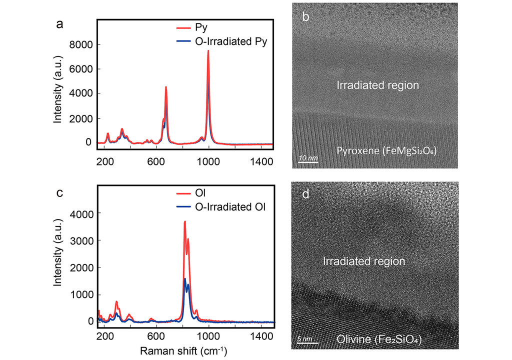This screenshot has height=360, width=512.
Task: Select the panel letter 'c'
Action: click(x=59, y=192)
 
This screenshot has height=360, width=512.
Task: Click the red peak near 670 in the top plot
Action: click(x=166, y=87)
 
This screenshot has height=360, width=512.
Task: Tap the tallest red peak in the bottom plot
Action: click(x=184, y=221)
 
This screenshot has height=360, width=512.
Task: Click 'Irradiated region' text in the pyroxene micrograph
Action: click(x=377, y=85)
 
